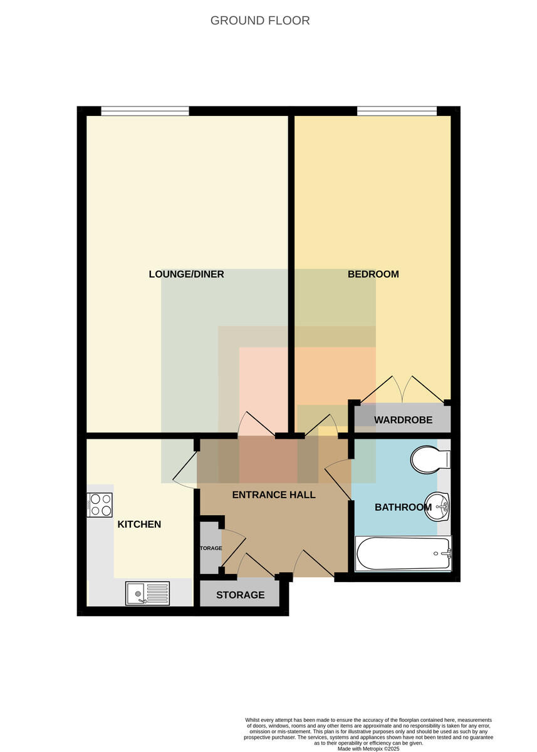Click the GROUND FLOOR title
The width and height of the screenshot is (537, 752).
pyautogui.click(x=260, y=21)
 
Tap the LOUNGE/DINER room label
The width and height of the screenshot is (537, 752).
pyautogui.click(x=186, y=274)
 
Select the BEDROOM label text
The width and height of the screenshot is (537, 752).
pyautogui.click(x=373, y=274)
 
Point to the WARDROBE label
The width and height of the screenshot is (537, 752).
pyautogui.click(x=403, y=420)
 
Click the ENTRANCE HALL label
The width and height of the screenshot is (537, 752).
pyautogui.click(x=274, y=494)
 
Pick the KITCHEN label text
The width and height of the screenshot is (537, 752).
pyautogui.click(x=139, y=524)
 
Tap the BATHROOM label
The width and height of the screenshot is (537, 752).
pyautogui.click(x=403, y=507)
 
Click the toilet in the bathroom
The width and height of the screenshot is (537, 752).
pyautogui.click(x=430, y=459)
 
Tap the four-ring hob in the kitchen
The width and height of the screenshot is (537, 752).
pyautogui.click(x=100, y=505)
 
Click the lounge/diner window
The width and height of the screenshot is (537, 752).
pyautogui.click(x=145, y=111)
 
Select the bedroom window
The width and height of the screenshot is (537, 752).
pyautogui.click(x=397, y=111)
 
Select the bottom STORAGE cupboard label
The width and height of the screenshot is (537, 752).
pyautogui.click(x=241, y=595)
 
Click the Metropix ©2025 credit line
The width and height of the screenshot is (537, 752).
pyautogui.click(x=368, y=749)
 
